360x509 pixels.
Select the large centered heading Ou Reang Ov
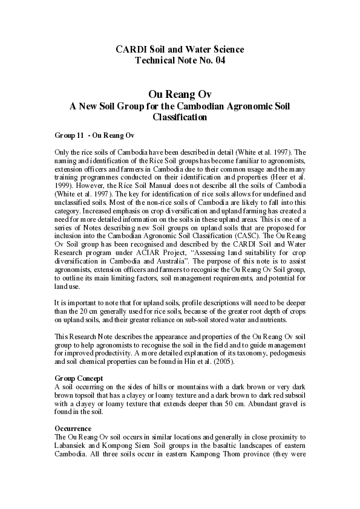pos(179,94)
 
